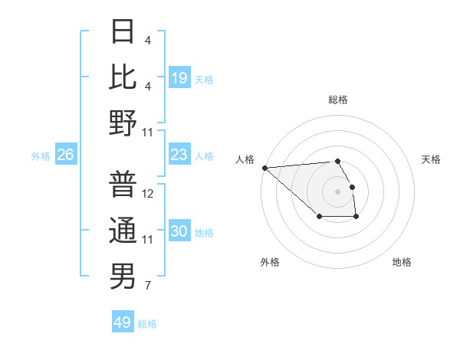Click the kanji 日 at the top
pos(123,32)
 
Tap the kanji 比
pos(123,77)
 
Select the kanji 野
pos(123,123)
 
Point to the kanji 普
pos(123,184)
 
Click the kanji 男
pos(123,276)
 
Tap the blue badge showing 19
pos(179,78)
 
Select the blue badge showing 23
pos(179,155)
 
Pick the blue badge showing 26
pos(66,155)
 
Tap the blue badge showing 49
pos(123,322)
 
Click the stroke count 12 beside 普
pos(149,194)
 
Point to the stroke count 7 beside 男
pos(147,286)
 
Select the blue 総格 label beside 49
pos(148,324)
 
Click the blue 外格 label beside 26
pos(41,156)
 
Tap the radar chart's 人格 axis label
pos(245,159)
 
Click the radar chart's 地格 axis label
pos(402,262)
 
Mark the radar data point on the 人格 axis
pos(264,168)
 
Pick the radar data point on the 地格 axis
pos(356,218)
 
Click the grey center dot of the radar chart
pos(337,191)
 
